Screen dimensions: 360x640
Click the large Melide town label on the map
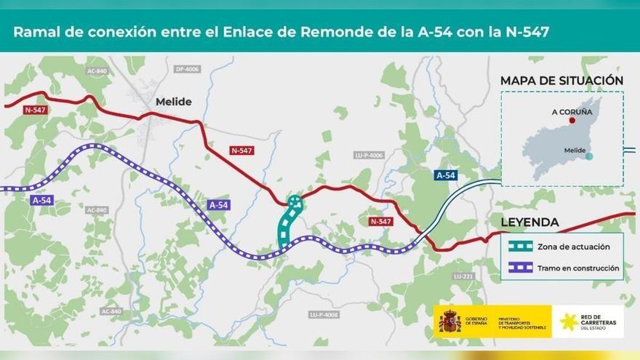[x=173, y=103]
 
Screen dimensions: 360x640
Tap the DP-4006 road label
[x=187, y=70]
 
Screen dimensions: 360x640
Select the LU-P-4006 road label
[x=369, y=155]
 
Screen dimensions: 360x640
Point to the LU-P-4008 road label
[x=324, y=314]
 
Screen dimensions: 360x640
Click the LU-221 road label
[x=463, y=276]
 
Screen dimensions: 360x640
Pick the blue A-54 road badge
[x=445, y=175]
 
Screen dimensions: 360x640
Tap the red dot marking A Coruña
[x=572, y=121]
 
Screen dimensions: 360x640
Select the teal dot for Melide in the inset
[x=589, y=156]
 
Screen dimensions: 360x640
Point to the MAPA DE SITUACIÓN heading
[x=561, y=81]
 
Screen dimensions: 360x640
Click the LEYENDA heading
[x=529, y=222]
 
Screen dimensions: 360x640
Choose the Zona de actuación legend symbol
[x=521, y=247]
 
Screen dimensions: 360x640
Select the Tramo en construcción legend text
[x=578, y=268]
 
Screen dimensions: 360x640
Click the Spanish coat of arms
[x=449, y=321]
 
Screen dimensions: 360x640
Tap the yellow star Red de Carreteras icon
[x=569, y=321]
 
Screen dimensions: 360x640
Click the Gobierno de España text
[x=477, y=321]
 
